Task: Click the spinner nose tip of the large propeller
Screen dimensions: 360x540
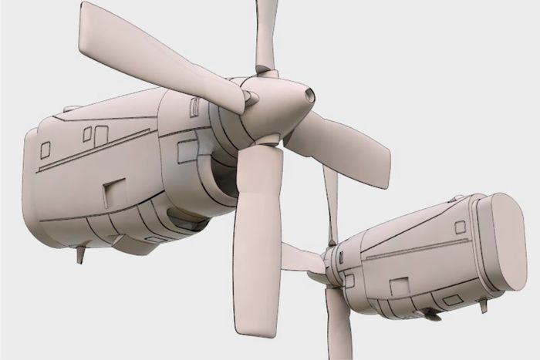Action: (x=309, y=96)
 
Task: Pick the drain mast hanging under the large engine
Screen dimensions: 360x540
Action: (x=79, y=254)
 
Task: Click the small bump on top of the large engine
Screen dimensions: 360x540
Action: (x=71, y=109)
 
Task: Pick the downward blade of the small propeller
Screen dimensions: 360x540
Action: (x=337, y=328)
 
